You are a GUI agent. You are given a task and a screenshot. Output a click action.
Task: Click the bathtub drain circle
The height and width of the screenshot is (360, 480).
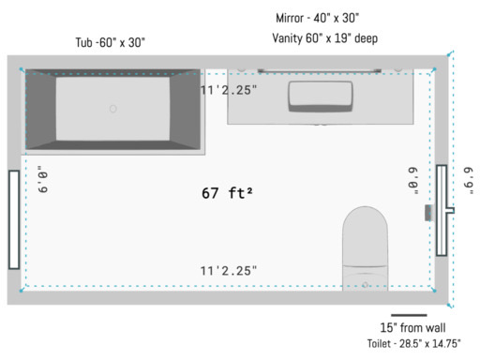[113, 109]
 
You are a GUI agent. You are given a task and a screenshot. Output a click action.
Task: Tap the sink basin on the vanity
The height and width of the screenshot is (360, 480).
[321, 97]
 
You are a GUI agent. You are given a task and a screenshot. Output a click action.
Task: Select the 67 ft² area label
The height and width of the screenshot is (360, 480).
[227, 193]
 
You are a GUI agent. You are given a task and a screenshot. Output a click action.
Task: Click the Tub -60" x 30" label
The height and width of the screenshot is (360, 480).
[111, 42]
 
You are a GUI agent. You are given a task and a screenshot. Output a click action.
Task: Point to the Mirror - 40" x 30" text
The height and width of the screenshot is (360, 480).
[317, 18]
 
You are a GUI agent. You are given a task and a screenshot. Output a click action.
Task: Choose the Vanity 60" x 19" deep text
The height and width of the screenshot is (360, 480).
[325, 38]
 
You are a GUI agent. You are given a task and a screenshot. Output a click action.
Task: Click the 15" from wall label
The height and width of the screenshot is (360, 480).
[412, 328]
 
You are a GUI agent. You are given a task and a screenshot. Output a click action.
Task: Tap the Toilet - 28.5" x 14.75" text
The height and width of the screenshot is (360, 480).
[413, 344]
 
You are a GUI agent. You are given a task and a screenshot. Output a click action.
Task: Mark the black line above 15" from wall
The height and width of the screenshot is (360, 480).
[409, 315]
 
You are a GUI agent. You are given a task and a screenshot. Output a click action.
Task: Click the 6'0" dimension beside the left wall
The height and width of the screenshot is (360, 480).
[43, 179]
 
